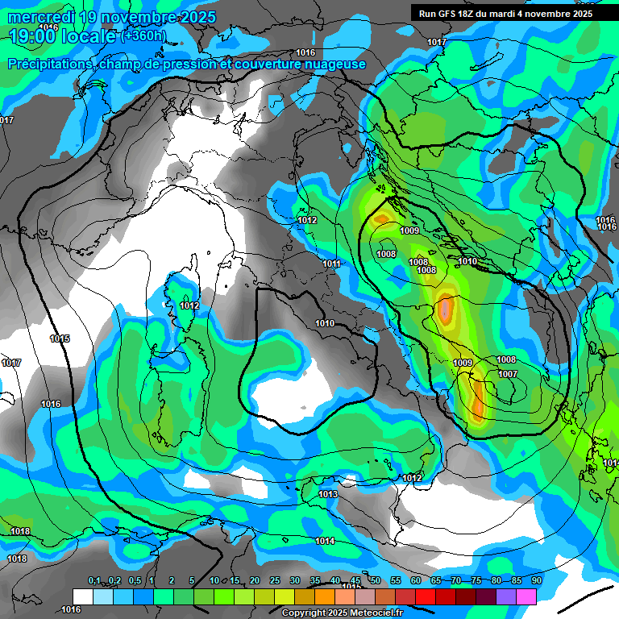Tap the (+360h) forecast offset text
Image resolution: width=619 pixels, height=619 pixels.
tap(144, 35)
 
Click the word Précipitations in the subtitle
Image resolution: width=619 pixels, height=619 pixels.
tap(51, 64)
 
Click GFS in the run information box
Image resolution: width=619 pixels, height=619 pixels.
tap(447, 13)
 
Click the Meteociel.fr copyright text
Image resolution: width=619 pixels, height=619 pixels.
tap(342, 613)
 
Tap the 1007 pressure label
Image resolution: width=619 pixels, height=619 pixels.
tap(507, 374)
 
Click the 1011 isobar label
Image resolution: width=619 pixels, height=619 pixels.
tap(331, 264)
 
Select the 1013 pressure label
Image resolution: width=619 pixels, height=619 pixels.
tap(327, 494)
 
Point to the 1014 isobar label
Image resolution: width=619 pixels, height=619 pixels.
tap(325, 541)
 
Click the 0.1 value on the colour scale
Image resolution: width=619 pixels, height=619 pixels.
tap(94, 580)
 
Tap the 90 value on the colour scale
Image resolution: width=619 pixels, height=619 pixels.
tap(537, 580)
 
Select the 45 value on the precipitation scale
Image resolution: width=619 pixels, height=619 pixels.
tap(355, 580)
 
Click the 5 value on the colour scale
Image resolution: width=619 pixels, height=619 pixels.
tap(192, 580)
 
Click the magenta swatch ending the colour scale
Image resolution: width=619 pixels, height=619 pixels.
tap(526, 596)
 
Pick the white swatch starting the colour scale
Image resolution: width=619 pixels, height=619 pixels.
tap(82, 596)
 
